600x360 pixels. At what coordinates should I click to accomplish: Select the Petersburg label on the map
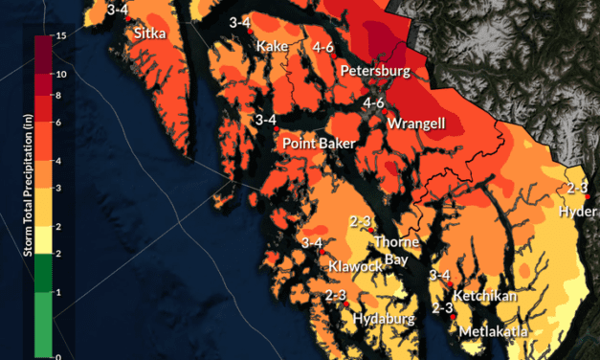(375, 71)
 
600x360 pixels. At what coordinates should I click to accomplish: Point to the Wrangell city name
(418, 124)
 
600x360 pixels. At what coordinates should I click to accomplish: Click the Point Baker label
(319, 143)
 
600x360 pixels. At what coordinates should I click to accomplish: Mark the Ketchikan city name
(486, 296)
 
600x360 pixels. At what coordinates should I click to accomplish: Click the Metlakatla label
(493, 331)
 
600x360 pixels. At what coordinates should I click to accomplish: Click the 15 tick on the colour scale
(61, 35)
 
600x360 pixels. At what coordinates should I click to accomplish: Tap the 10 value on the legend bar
(61, 74)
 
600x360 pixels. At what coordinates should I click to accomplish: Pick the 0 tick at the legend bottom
(59, 355)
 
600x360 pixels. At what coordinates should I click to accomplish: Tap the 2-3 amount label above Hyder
(577, 187)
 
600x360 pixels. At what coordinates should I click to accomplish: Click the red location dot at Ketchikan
(450, 285)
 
